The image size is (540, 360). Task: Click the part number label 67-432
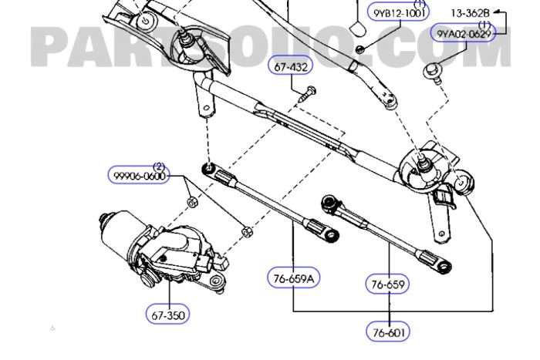coord(292,67)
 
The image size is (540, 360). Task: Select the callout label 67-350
coord(167,314)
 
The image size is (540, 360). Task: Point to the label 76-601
coord(388,332)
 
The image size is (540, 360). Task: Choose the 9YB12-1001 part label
coord(400,14)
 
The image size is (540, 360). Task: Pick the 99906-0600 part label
coord(138,176)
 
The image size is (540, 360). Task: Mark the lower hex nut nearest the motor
coord(245,230)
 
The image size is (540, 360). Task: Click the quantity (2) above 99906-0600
coord(159,166)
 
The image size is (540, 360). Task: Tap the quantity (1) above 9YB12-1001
coord(420,5)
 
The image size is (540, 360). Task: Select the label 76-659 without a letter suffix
coord(387,284)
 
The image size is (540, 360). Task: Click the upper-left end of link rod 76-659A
coord(208,170)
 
